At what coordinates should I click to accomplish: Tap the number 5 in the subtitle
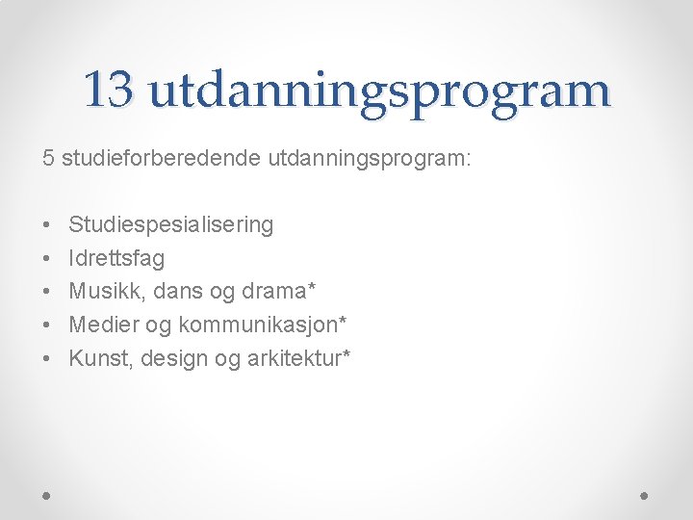(x=48, y=157)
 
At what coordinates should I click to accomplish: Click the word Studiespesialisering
(x=171, y=225)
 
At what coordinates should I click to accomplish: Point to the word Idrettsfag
(x=116, y=258)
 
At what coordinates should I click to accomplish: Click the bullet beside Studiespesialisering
(x=47, y=225)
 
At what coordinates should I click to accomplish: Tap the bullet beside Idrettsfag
(x=47, y=259)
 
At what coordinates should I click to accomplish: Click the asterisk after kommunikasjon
(x=342, y=321)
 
